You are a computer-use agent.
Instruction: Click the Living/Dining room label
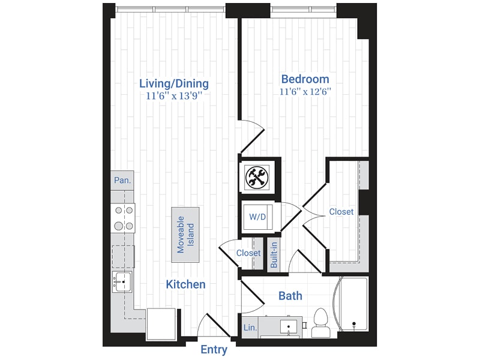174,83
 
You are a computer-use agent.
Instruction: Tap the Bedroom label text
305,79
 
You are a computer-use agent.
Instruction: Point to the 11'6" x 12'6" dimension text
305,92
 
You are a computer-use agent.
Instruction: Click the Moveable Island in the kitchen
185,235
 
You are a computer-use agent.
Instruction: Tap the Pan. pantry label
122,180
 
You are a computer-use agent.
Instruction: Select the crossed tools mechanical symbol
258,176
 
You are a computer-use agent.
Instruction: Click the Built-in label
274,255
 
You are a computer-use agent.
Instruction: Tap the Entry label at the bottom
214,350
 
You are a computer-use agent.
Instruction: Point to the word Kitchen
186,284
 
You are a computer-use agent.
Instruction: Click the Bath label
290,296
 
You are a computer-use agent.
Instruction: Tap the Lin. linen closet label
250,328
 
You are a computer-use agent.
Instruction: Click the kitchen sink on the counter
122,281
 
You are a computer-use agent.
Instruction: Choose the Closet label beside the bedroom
341,212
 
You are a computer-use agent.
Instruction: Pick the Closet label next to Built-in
248,253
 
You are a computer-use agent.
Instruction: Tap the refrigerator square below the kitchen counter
162,322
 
